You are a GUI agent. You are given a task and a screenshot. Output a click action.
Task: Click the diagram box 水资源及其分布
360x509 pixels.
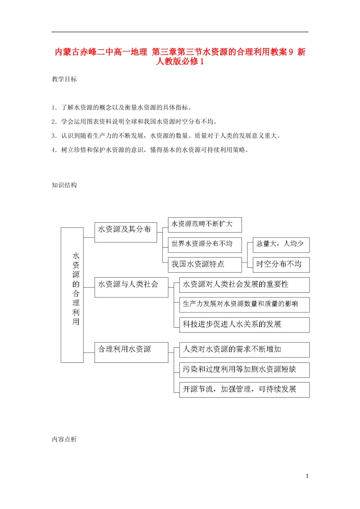point(125,232)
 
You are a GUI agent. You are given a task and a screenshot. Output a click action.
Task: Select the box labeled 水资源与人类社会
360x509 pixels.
point(131,287)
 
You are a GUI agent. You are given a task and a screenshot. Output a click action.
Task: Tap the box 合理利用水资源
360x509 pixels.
point(131,352)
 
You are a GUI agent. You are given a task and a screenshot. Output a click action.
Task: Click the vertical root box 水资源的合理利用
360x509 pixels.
point(72,295)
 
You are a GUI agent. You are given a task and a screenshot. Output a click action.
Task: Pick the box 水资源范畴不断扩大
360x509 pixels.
point(205,225)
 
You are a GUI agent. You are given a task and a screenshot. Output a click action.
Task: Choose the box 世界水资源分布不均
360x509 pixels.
point(205,244)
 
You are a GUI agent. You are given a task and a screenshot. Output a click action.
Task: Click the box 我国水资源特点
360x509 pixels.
point(205,264)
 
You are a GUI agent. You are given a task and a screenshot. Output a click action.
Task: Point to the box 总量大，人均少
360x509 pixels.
point(281,244)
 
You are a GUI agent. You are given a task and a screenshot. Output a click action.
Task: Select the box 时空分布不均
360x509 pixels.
point(281,264)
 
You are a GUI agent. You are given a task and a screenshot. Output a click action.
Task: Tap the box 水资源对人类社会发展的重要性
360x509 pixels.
point(244,285)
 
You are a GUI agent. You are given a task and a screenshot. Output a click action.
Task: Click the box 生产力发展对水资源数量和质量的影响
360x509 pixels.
point(244,304)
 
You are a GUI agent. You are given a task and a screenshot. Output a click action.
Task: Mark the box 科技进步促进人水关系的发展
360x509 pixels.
point(244,325)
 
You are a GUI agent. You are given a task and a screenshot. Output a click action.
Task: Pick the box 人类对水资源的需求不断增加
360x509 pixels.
point(244,350)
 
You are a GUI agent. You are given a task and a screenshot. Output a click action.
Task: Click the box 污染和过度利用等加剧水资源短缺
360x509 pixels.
point(244,370)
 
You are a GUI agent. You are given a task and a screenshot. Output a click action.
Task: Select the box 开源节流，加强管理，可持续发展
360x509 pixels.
point(244,389)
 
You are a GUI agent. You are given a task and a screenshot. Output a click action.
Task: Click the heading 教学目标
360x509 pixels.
point(64,79)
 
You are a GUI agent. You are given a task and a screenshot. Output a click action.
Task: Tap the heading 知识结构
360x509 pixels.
point(64,185)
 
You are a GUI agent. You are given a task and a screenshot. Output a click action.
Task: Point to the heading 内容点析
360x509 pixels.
point(64,439)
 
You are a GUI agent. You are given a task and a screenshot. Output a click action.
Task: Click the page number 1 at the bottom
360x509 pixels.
point(307,476)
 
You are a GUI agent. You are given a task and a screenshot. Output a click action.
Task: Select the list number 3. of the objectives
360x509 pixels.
point(54,136)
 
